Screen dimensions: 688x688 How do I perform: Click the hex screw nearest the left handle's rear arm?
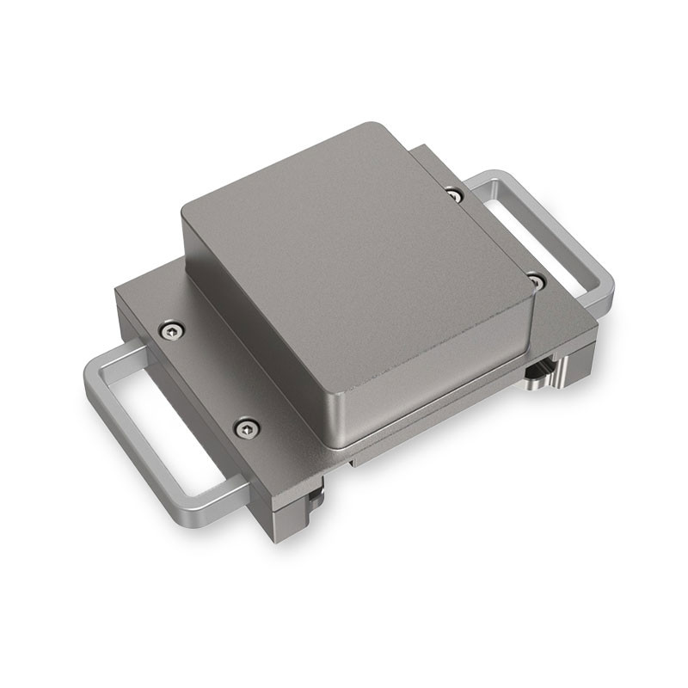click(x=171, y=329)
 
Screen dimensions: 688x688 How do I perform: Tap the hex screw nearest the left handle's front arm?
click(x=247, y=425)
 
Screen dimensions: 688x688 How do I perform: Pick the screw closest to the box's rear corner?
click(x=454, y=195)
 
